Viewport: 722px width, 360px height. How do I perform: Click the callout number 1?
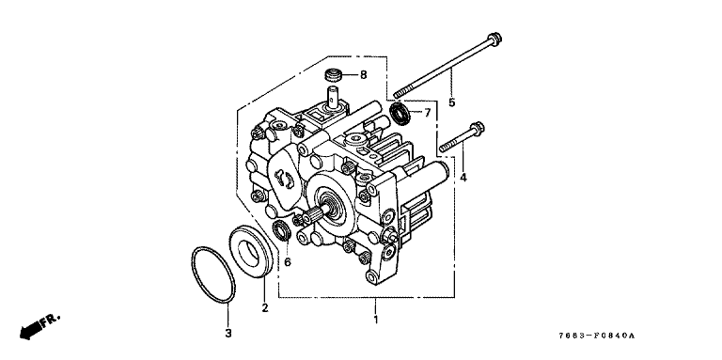tap(376, 320)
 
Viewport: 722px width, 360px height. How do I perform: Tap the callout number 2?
tap(265, 308)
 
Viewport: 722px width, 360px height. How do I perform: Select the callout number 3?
tap(228, 334)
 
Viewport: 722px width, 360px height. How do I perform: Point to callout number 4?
tap(463, 177)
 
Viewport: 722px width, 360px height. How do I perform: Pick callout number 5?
tap(451, 102)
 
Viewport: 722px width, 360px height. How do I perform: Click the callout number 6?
tap(288, 262)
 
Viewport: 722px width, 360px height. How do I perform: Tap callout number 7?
tap(428, 113)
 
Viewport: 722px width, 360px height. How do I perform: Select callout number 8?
tap(363, 74)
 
